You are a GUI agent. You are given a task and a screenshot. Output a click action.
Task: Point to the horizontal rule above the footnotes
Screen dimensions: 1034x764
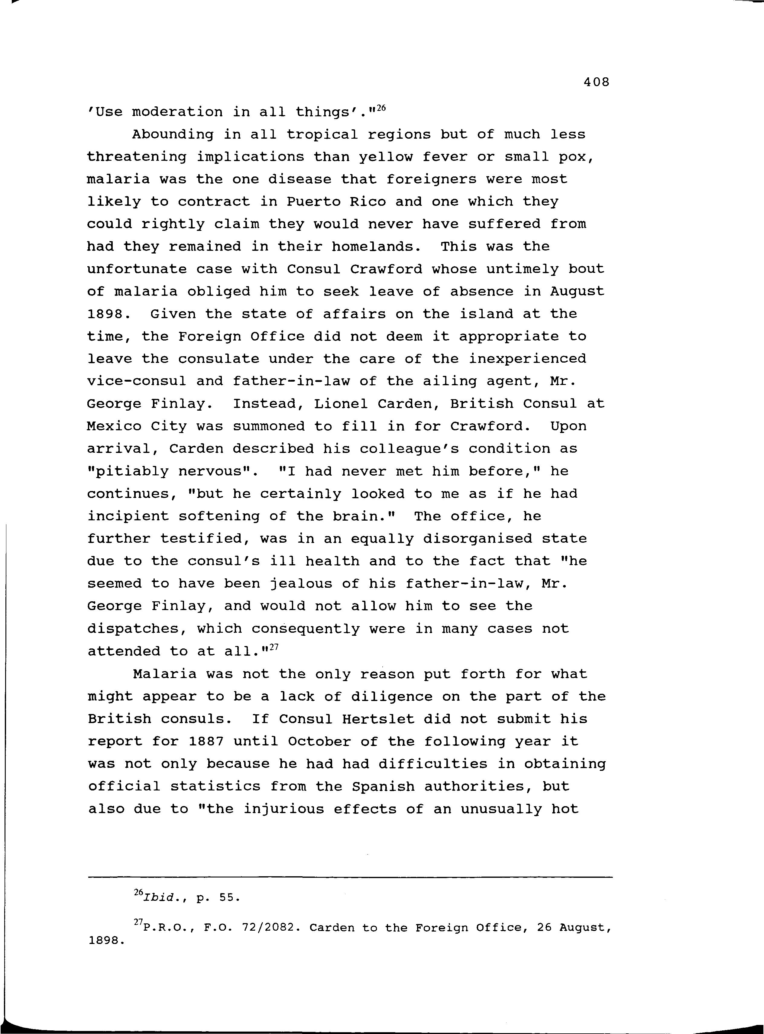(x=350, y=877)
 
